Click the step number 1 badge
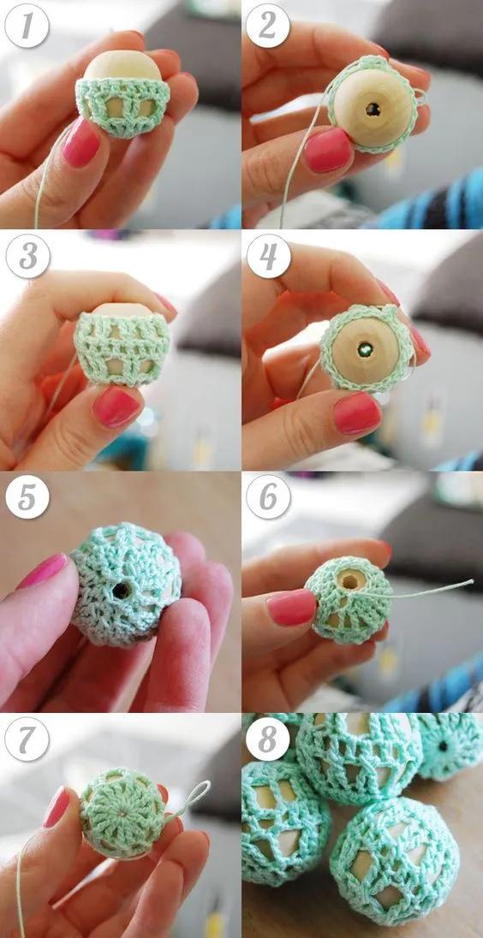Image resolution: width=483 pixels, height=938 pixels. (27, 26)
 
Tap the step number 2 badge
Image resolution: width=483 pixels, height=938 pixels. (267, 26)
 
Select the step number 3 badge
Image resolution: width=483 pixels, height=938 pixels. (27, 256)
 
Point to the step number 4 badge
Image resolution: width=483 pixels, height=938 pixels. (269, 256)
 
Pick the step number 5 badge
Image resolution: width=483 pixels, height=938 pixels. (27, 497)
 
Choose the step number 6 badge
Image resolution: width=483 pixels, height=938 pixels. (269, 497)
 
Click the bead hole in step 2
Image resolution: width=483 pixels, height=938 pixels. (373, 110)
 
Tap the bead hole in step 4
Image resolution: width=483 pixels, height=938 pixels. (365, 349)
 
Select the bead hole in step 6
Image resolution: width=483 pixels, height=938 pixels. (350, 579)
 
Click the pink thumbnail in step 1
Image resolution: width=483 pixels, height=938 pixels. (80, 142)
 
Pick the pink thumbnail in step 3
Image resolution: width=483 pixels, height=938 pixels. (116, 407)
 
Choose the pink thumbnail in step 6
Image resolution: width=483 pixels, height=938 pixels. (291, 607)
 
